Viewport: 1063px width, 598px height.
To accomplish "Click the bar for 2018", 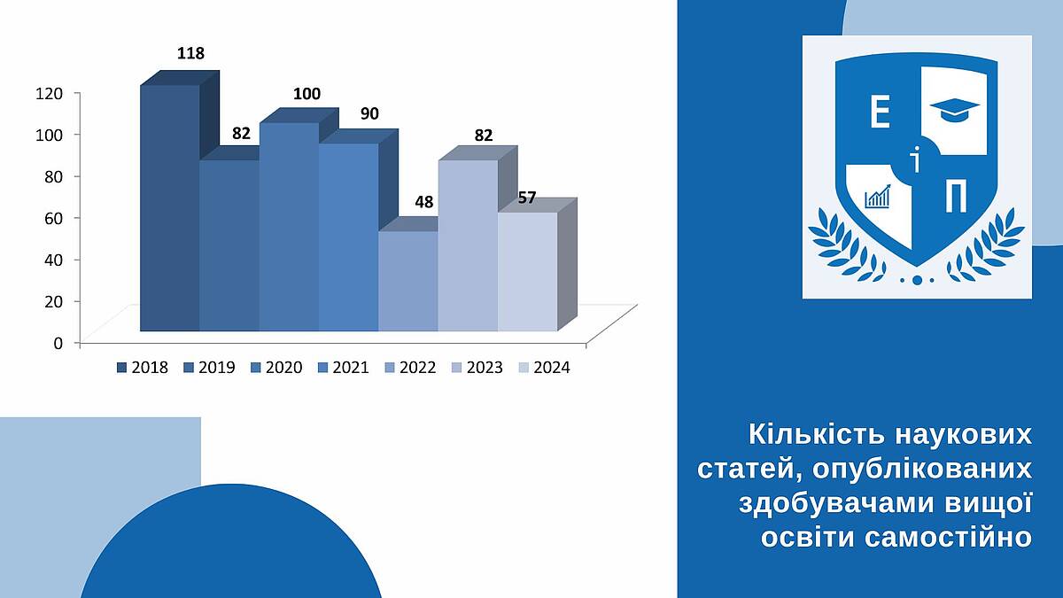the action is (x=170, y=208).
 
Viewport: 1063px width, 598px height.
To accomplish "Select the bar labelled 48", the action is (x=408, y=281).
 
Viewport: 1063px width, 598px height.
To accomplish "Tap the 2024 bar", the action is (x=528, y=271).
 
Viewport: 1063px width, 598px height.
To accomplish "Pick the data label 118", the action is (x=190, y=53).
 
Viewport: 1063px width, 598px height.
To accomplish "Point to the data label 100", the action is (x=306, y=94).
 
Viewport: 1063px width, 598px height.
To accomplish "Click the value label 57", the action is (x=527, y=198).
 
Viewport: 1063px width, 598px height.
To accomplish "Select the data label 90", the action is (x=369, y=114).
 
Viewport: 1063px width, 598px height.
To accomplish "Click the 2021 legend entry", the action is (x=343, y=368).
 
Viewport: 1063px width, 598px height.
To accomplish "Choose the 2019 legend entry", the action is (x=209, y=368).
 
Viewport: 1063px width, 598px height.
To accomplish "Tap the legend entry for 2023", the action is (x=477, y=368).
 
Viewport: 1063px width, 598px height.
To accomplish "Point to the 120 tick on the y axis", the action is (x=50, y=94).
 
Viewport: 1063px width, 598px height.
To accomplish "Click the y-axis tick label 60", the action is (x=54, y=218).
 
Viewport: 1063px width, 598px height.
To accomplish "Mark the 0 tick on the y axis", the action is (x=58, y=343).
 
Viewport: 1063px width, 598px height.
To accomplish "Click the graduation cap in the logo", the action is (x=954, y=111).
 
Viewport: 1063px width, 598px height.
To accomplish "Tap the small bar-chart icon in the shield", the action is (x=878, y=197).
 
